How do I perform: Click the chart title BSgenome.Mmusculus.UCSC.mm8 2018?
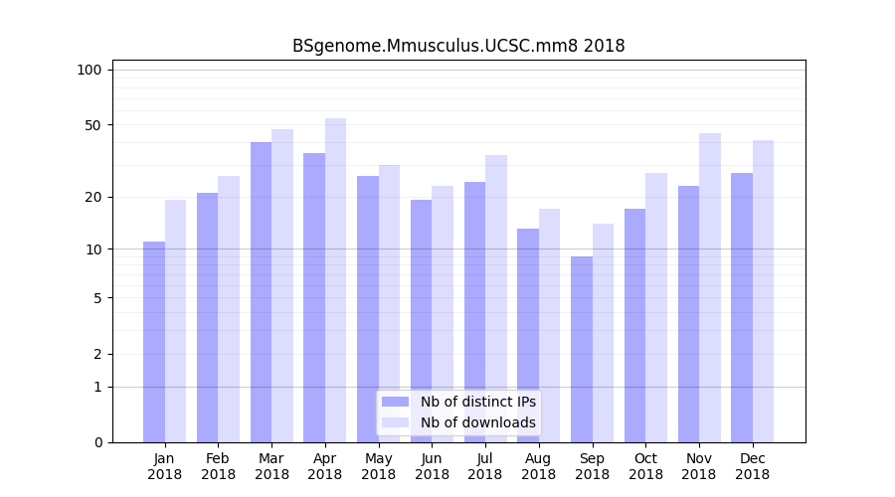[458, 46]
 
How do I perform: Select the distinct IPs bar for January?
[154, 342]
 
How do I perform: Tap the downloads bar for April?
[336, 280]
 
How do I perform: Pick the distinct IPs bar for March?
[261, 292]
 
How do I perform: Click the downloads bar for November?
[709, 287]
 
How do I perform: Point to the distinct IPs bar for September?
[582, 349]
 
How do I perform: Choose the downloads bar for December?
[763, 291]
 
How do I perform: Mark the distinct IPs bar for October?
[634, 325]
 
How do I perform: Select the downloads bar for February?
[229, 309]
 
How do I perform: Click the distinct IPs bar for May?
[368, 309]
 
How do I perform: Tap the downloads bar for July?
[496, 298]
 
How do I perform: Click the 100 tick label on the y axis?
[89, 70]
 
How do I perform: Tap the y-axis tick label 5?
[97, 297]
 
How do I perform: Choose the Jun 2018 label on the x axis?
[432, 466]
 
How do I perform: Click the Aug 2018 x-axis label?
[539, 466]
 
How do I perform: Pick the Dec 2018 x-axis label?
[752, 466]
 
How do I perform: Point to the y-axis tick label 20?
[92, 197]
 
